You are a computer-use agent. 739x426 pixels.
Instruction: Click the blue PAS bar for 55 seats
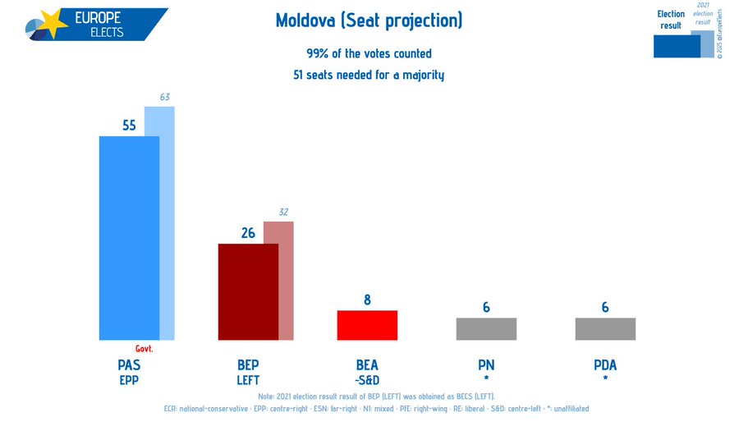click(x=129, y=238)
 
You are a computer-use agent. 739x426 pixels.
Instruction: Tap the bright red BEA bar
click(x=367, y=325)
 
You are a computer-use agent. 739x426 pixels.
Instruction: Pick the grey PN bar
click(x=486, y=328)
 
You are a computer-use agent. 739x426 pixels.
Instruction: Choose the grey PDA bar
click(x=605, y=328)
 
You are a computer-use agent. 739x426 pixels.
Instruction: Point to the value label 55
click(x=129, y=126)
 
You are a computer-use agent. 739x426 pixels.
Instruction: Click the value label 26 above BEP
click(x=248, y=233)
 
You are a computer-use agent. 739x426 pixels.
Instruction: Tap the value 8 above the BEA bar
click(x=367, y=300)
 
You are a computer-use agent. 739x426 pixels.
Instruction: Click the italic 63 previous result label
click(x=165, y=98)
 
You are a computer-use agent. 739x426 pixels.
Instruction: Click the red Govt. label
click(x=145, y=349)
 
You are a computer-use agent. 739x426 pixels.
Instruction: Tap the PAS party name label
click(x=129, y=365)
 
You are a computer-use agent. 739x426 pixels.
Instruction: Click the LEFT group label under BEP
click(x=248, y=380)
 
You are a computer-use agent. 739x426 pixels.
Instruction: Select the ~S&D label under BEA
click(x=367, y=380)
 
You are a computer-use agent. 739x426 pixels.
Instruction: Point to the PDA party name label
click(x=605, y=365)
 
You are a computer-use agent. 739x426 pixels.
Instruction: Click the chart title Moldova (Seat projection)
click(x=369, y=21)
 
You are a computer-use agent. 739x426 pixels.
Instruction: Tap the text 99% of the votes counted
click(x=369, y=54)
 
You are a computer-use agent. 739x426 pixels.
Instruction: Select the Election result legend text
click(x=671, y=20)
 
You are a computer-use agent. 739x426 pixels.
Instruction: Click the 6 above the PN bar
click(x=486, y=308)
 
